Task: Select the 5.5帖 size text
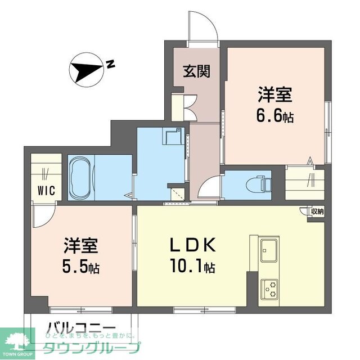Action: [x=82, y=264]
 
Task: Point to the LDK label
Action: [x=190, y=245]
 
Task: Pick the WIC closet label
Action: [x=47, y=190]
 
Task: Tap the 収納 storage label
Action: [x=317, y=212]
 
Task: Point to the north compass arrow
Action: [x=84, y=70]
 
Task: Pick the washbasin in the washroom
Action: [x=173, y=137]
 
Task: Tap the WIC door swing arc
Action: [x=42, y=213]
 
